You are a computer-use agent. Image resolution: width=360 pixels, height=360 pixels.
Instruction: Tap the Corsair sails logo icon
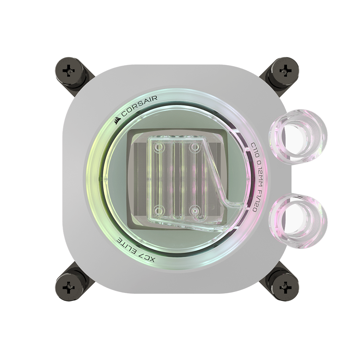tap(117, 120)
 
